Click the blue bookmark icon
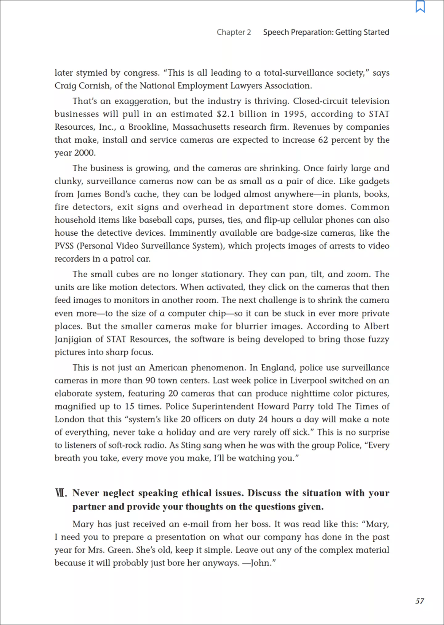420,7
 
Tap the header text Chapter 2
233,32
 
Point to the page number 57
420,601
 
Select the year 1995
294,114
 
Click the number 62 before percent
323,140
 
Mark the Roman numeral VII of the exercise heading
61,493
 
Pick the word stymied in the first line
92,73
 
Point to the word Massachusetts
207,127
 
